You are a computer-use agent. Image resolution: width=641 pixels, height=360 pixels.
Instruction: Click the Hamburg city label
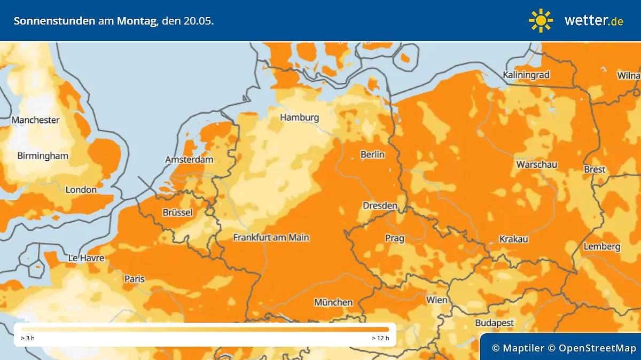pos(299,118)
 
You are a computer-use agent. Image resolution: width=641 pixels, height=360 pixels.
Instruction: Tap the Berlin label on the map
pos(372,154)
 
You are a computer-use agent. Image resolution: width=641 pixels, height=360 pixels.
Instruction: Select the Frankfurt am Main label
pos(271,237)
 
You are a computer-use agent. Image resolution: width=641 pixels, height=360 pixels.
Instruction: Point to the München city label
pos(333,302)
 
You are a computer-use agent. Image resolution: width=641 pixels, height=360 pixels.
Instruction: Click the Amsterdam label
pos(189,160)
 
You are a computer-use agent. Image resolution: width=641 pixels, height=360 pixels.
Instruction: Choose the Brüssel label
pos(177,213)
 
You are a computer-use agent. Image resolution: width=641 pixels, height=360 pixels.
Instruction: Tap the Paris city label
pos(135,278)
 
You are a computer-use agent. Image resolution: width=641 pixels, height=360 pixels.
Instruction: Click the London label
pos(81,190)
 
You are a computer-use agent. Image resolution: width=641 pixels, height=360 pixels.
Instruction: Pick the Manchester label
pos(35,120)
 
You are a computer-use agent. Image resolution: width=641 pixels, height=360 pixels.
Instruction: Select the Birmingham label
pos(43,156)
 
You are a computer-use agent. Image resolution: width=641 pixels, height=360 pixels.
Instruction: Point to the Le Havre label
pos(86,258)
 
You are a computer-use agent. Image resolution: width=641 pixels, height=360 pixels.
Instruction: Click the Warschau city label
pos(536,165)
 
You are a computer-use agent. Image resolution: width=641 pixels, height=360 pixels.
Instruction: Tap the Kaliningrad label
pos(526,75)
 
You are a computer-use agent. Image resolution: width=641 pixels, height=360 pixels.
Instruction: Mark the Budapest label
pos(494,323)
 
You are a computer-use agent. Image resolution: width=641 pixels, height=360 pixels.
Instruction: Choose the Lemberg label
pos(602,246)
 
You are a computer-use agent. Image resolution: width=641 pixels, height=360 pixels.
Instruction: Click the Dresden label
pos(380,206)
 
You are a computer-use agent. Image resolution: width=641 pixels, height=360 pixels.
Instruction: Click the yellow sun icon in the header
pos(541,20)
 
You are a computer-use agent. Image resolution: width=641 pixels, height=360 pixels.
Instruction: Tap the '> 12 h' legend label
pos(380,338)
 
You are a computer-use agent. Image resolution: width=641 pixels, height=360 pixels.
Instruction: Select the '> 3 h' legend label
pos(28,338)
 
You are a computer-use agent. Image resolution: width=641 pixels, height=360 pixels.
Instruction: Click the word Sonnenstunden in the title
pos(54,21)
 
